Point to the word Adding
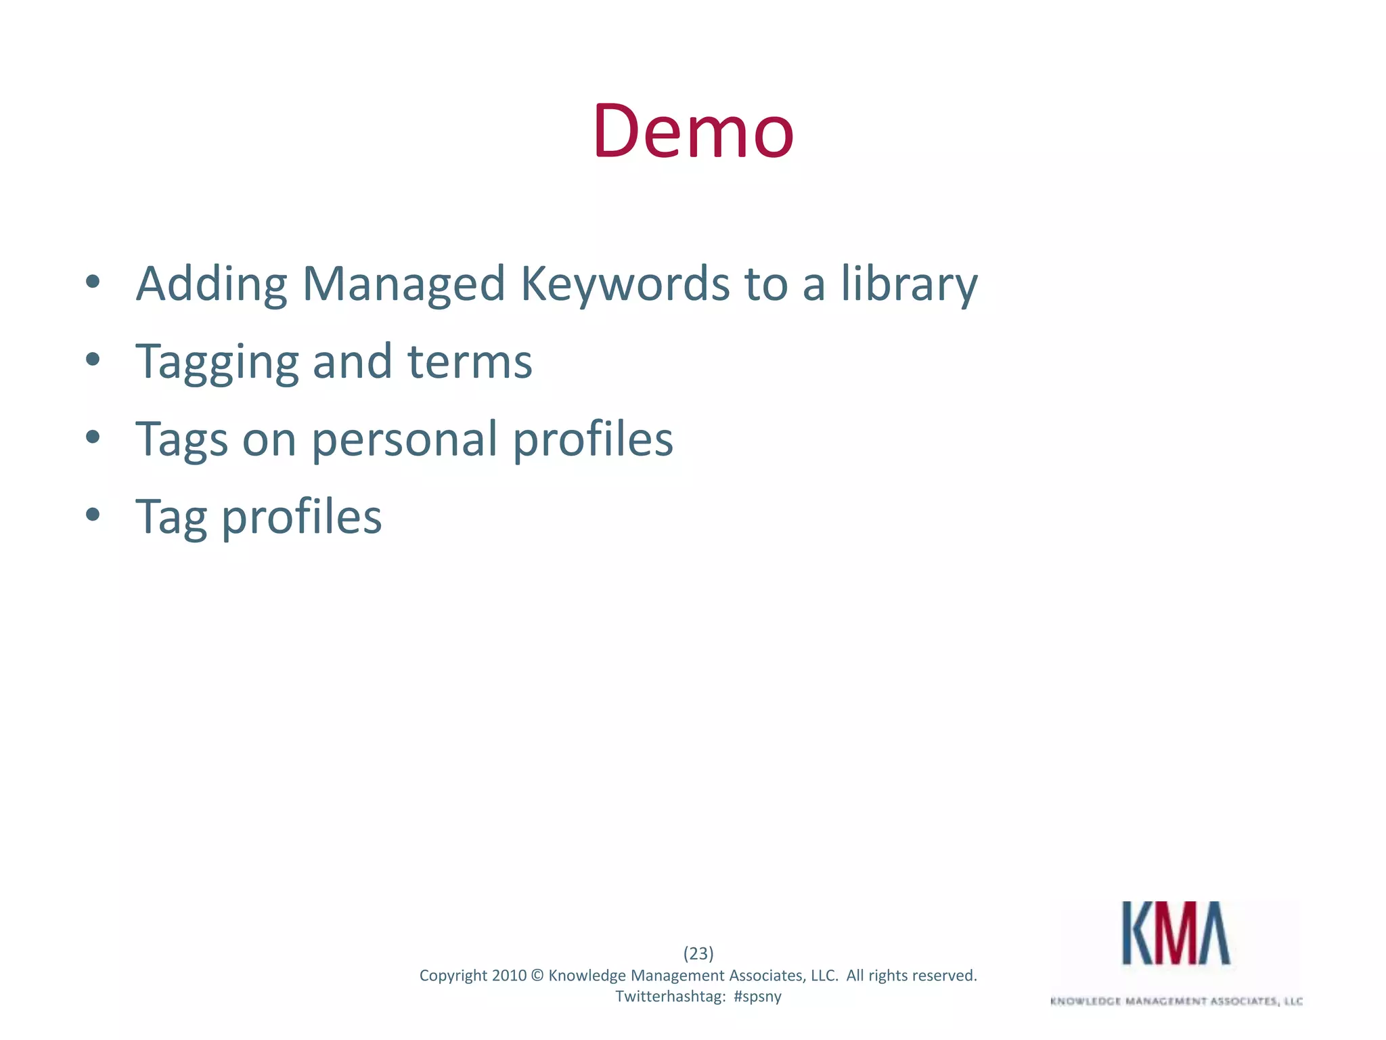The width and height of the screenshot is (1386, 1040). (x=211, y=284)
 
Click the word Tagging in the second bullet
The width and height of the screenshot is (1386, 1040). (x=217, y=362)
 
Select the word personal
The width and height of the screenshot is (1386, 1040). (x=404, y=440)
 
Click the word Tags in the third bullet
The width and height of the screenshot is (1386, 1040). (x=181, y=440)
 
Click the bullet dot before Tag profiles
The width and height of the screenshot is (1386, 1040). (x=93, y=515)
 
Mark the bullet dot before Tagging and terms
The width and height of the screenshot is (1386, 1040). (x=93, y=359)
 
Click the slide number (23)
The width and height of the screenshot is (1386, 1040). (x=698, y=953)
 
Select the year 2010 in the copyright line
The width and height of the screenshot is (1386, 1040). (x=509, y=976)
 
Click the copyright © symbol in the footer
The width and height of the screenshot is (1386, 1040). (x=537, y=976)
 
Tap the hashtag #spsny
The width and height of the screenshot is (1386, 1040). (x=757, y=997)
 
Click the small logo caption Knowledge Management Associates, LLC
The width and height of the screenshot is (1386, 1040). (x=1176, y=1001)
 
